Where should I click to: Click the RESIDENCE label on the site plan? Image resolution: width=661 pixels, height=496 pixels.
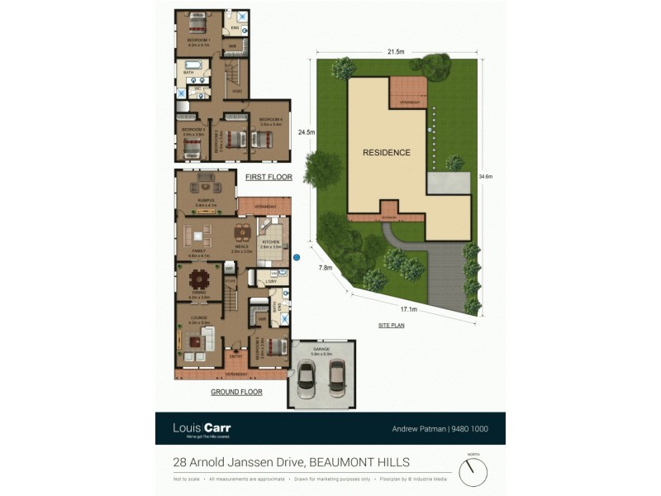click(x=386, y=153)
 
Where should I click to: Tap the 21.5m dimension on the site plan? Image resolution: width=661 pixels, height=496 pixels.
click(x=396, y=52)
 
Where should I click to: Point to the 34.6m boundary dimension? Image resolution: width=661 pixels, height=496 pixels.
click(x=486, y=176)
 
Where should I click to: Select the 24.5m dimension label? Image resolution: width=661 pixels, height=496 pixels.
click(x=307, y=131)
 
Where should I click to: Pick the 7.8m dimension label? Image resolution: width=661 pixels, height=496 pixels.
click(x=326, y=268)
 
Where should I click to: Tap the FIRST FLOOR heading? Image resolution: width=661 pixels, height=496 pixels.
click(x=264, y=177)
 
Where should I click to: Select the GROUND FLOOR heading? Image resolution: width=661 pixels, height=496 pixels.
click(x=236, y=392)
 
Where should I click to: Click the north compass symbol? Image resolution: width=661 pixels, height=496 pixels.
click(x=473, y=472)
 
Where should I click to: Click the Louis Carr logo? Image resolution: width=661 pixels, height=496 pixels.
click(x=202, y=428)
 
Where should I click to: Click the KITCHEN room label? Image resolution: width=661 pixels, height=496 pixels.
click(x=269, y=241)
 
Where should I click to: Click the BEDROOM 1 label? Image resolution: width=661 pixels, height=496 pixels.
click(x=198, y=41)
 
